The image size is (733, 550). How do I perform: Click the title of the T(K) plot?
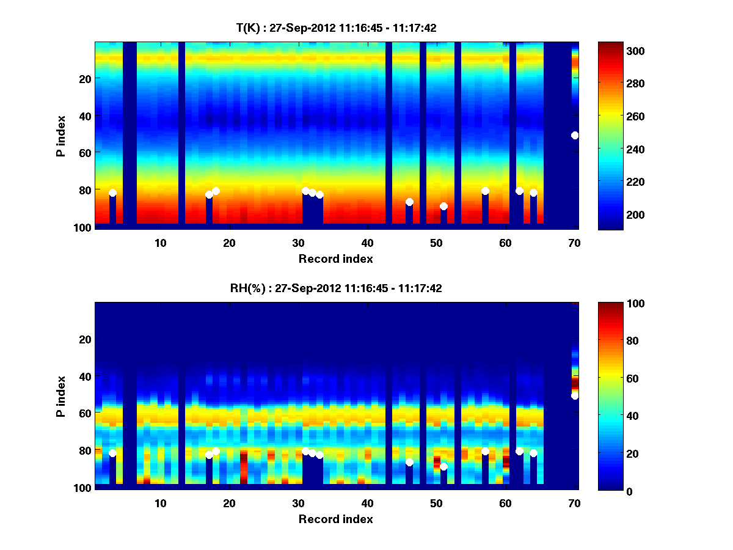336,28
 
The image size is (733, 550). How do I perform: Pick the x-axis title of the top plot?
336,258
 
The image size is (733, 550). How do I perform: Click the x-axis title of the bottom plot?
336,519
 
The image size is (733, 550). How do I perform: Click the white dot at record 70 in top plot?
575,135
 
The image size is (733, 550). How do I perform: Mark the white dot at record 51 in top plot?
443,206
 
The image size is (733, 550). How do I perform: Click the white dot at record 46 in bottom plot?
409,463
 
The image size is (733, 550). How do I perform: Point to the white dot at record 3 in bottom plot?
112,453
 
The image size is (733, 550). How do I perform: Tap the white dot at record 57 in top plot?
485,191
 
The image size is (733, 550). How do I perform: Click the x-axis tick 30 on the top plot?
299,243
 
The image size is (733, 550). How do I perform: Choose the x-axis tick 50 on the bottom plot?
436,503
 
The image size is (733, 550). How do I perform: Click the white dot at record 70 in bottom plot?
575,396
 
